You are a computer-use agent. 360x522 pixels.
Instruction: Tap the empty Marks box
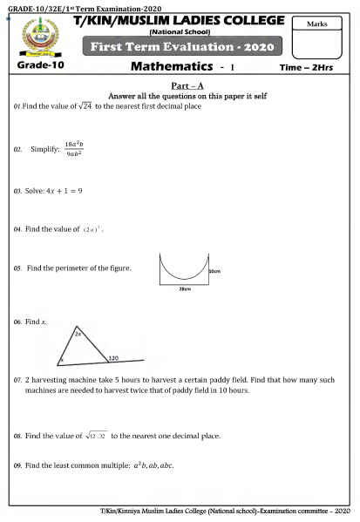[x=322, y=38]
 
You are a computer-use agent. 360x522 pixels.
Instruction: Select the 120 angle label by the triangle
[x=113, y=357]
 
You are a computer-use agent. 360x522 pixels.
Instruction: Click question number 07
[x=17, y=381]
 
